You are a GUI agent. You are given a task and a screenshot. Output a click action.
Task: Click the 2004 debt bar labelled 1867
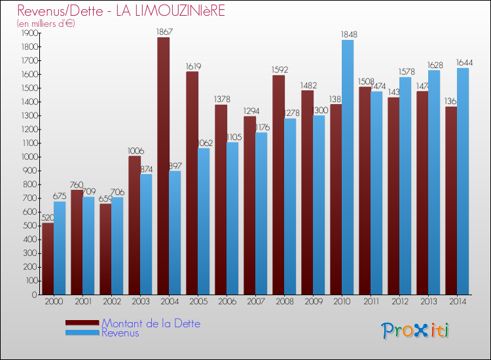(x=163, y=166)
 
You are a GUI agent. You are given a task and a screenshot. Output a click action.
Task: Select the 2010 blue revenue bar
(x=348, y=168)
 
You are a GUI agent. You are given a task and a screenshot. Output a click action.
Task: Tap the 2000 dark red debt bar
(x=48, y=259)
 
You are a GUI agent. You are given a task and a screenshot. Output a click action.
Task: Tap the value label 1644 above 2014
(x=464, y=63)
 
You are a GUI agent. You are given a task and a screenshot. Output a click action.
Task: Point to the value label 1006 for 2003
(x=134, y=150)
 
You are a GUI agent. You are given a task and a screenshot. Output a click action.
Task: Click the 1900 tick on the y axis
(x=30, y=33)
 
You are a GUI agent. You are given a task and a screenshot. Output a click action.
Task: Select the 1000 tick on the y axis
(x=30, y=157)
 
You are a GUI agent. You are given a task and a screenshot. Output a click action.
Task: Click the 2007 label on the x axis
(x=255, y=301)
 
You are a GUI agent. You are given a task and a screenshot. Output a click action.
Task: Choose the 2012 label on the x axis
(x=399, y=301)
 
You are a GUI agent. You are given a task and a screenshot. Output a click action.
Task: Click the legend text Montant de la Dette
(x=151, y=323)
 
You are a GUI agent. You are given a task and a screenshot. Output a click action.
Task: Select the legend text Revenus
(x=120, y=333)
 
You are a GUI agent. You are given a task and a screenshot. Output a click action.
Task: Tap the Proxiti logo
(x=415, y=331)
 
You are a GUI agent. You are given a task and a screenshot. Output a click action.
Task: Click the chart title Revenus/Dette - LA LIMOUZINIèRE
(x=121, y=11)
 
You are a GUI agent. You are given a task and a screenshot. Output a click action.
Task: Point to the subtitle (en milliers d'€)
(x=46, y=24)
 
